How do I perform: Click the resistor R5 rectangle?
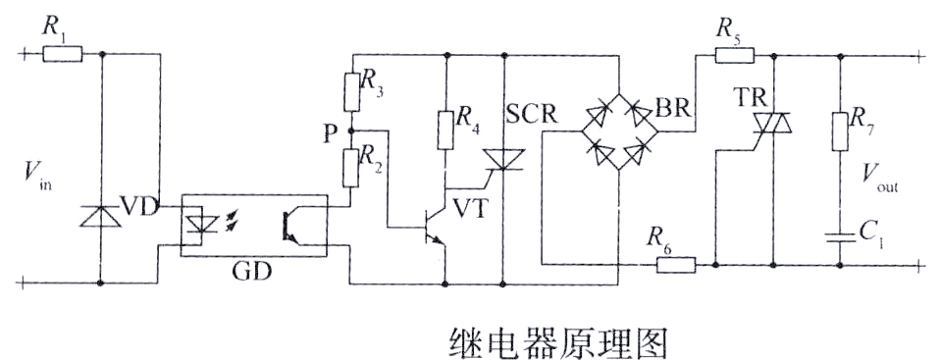click(x=729, y=55)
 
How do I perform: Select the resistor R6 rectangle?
click(x=671, y=264)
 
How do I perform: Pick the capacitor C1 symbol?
click(x=841, y=235)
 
